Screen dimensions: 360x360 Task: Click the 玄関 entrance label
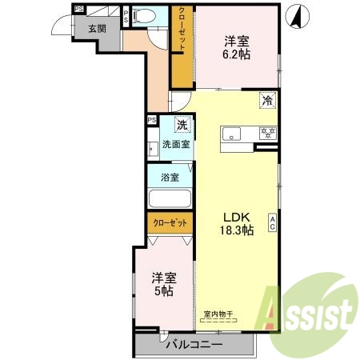tap(97, 28)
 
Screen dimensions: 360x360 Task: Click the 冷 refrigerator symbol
tap(268, 101)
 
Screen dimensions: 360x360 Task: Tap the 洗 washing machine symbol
tap(182, 124)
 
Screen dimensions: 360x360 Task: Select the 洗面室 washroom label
tap(176, 145)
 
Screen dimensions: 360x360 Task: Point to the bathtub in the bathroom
tap(169, 200)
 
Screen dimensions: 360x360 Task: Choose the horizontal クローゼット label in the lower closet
tap(170, 224)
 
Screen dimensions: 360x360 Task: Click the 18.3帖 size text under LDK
tap(237, 230)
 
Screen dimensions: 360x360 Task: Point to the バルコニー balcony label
tap(194, 345)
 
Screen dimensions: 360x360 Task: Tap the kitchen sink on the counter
tap(233, 133)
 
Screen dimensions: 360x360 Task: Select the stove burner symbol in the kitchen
tap(268, 133)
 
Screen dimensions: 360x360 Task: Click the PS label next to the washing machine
tap(151, 121)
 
